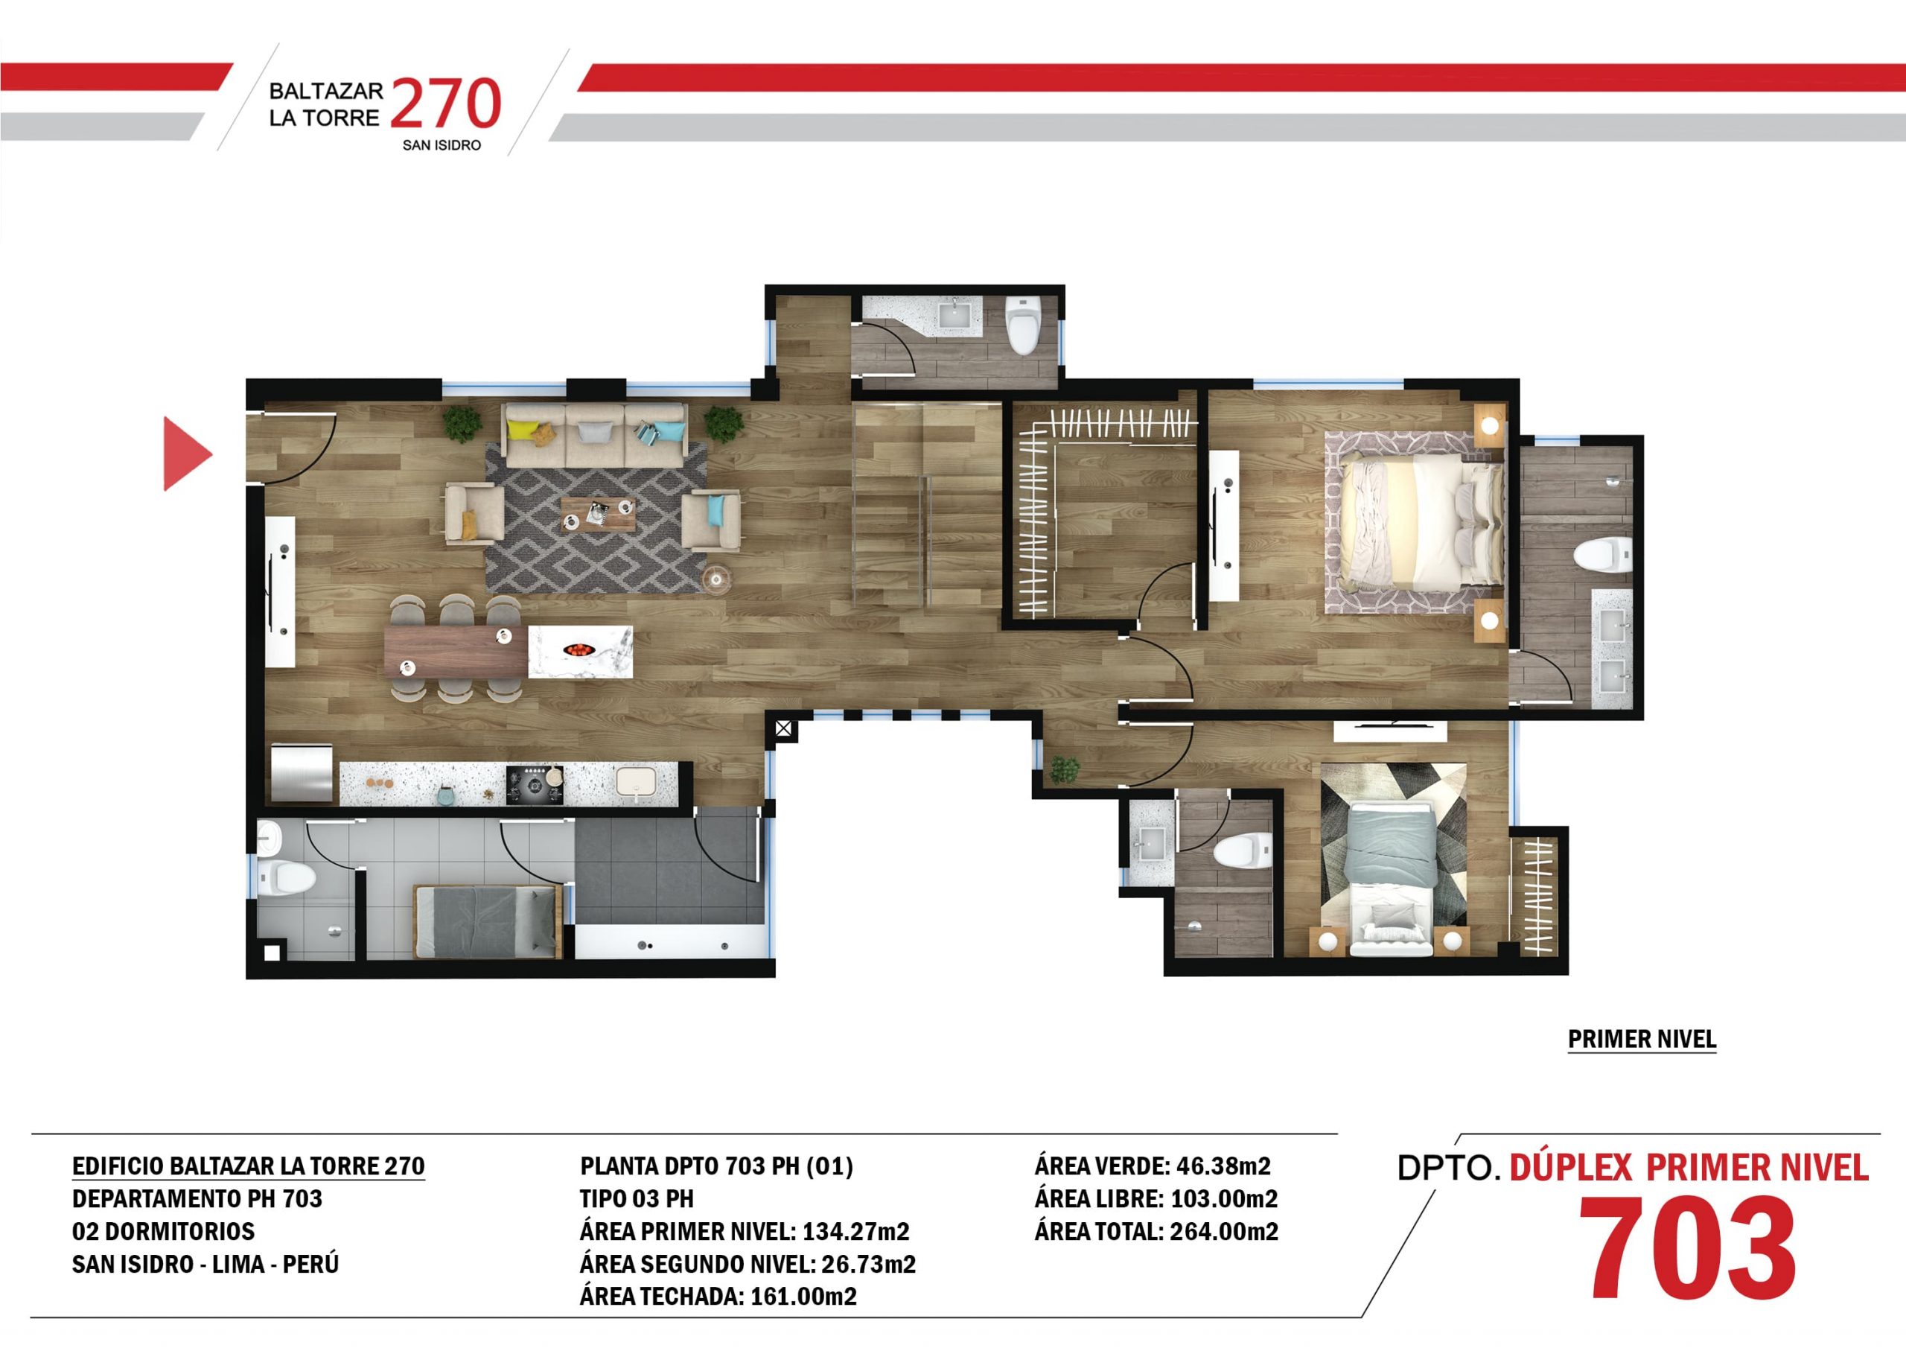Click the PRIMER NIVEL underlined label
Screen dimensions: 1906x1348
(x=1642, y=1039)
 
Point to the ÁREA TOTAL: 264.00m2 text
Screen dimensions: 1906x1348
(x=1156, y=1231)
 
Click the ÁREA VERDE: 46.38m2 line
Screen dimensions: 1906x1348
(x=1153, y=1166)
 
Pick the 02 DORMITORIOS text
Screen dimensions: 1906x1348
(x=164, y=1231)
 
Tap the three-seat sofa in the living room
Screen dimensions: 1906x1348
(x=595, y=435)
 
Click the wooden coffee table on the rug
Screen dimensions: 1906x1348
(x=598, y=513)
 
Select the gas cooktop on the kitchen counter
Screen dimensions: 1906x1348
(x=535, y=784)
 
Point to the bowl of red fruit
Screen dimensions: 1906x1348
(x=579, y=649)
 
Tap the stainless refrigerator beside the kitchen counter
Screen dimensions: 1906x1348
(x=303, y=773)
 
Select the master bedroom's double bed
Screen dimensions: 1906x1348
(x=1421, y=521)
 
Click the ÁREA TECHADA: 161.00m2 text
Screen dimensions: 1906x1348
(x=718, y=1296)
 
